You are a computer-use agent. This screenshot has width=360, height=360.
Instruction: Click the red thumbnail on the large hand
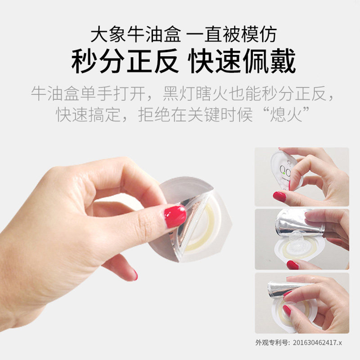tap(175, 216)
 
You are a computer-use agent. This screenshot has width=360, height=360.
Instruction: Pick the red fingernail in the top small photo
tap(279, 196)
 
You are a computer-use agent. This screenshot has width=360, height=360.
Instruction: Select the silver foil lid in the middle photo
tap(299, 223)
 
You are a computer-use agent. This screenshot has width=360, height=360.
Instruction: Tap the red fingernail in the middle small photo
tap(292, 265)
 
